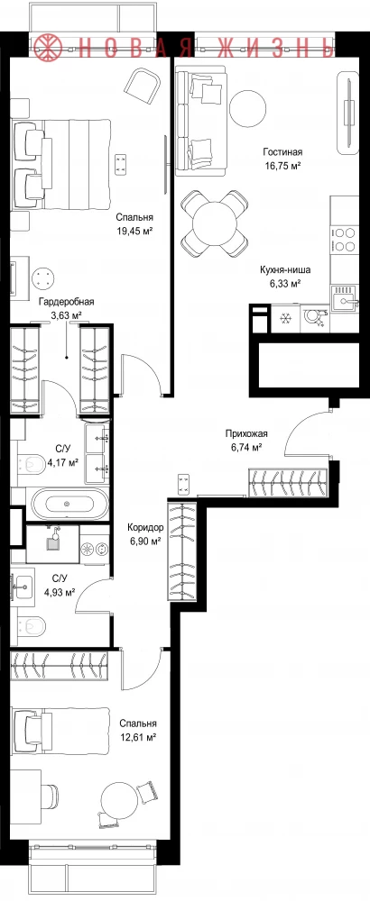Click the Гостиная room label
click(282, 152)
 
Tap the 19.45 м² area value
click(134, 231)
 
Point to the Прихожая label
click(245, 434)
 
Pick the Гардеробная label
click(66, 302)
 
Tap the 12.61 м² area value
click(138, 736)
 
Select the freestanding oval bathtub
click(69, 504)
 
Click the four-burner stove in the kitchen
click(344, 240)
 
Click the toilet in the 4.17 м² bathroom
click(32, 464)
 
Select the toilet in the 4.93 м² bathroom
click(32, 626)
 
